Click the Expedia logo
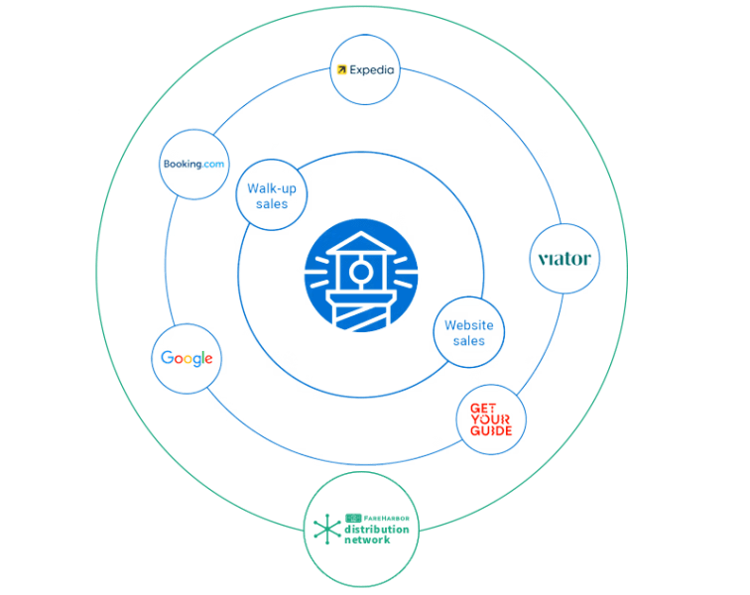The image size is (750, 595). click(x=365, y=70)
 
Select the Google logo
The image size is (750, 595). click(x=187, y=358)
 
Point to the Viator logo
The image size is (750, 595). click(x=563, y=260)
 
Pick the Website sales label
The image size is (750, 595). click(x=469, y=332)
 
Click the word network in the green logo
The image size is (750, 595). click(x=368, y=540)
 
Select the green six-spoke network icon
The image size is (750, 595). click(x=325, y=531)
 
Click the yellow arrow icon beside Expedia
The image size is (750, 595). click(x=342, y=70)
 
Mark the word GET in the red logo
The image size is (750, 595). click(x=483, y=408)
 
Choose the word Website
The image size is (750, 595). click(x=469, y=325)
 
